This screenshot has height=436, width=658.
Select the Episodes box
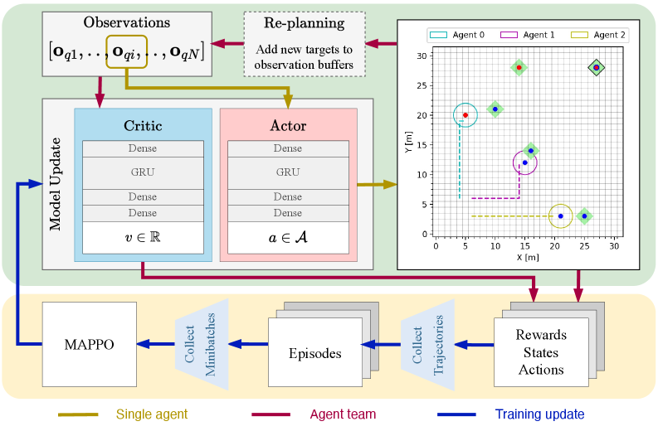pos(314,353)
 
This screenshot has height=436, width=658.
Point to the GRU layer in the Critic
pos(142,173)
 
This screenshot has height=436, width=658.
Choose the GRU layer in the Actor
pos(287,173)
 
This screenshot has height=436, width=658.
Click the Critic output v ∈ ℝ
pos(142,236)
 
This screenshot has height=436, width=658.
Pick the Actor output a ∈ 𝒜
pos(287,236)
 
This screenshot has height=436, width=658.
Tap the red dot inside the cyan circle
pos(465,115)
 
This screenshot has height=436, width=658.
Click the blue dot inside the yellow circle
pos(561,216)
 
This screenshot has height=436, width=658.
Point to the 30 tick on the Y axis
pos(422,56)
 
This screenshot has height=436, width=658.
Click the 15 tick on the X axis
pos(525,246)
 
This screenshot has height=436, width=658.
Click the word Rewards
pos(541,335)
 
